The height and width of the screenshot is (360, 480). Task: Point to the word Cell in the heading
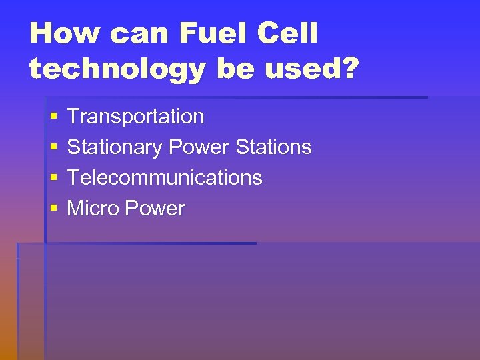point(291,34)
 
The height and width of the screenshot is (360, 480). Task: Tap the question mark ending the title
point(348,69)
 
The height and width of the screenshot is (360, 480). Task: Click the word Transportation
point(135,117)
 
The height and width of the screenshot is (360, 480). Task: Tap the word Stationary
point(115,147)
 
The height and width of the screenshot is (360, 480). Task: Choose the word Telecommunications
point(165,178)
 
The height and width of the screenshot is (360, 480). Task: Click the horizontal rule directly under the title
point(237,97)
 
